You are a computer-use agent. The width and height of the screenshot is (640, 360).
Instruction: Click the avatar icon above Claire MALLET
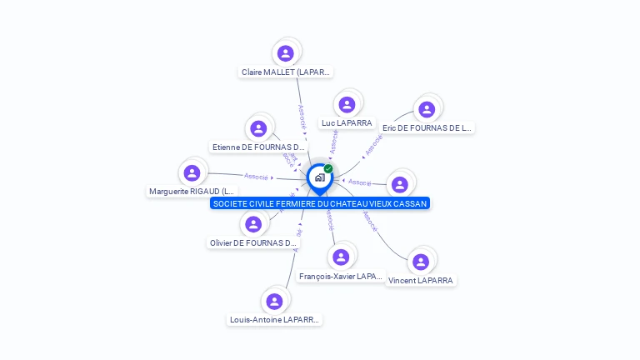point(286,53)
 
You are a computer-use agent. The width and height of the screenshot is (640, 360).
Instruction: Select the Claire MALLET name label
point(286,72)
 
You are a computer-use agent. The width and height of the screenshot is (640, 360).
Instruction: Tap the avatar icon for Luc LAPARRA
point(347,104)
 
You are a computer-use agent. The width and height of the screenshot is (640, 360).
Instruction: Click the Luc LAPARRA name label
point(347,123)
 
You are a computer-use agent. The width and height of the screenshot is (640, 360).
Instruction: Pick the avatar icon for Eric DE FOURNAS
point(427,109)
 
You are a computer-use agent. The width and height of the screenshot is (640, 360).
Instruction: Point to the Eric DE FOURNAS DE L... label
point(427,128)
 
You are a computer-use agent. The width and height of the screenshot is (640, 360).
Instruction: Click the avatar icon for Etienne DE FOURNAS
point(258,128)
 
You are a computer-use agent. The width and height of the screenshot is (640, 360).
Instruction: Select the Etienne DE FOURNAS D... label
point(259,147)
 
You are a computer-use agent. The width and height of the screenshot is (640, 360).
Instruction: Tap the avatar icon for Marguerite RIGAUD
point(192,172)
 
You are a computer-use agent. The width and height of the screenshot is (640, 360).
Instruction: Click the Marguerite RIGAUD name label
point(192,192)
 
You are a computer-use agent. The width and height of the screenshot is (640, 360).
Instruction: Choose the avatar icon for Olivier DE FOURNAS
point(253,224)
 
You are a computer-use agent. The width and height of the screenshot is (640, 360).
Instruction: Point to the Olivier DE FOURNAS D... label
point(252,243)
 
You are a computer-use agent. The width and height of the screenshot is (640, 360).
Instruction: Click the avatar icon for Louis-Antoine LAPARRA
point(275,301)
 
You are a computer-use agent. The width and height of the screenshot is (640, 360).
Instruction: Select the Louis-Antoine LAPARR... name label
point(275,320)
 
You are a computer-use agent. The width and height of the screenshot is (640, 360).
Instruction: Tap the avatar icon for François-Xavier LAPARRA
point(340,257)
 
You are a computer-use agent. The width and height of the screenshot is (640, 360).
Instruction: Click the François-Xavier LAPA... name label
point(340,276)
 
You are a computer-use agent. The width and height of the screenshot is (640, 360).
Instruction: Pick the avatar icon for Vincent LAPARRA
point(421,262)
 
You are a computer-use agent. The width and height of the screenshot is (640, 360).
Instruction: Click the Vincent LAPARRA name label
point(421,281)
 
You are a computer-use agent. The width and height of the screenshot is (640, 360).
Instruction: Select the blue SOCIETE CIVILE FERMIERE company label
point(320,203)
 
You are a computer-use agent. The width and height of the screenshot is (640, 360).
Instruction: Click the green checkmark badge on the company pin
point(328,169)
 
